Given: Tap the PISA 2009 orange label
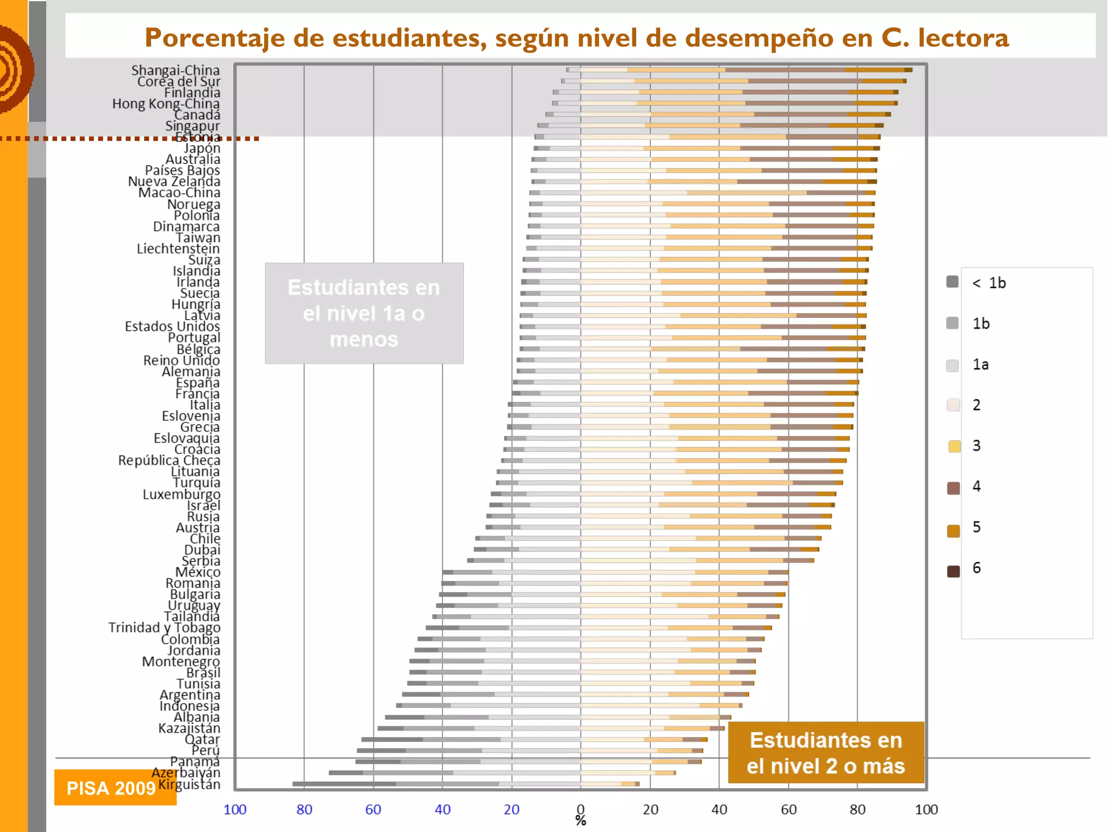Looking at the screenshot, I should (110, 788).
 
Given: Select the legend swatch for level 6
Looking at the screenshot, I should (953, 571).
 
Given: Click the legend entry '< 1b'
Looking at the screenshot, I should (989, 283).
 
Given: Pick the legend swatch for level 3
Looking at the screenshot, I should (954, 446).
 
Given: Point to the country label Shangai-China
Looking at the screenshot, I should (175, 70).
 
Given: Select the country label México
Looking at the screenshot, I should (198, 572).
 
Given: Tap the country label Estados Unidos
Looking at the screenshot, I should (172, 326).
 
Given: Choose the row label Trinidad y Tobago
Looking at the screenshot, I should (164, 627).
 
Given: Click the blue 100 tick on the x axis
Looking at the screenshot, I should (234, 809).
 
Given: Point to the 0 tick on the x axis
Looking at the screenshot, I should (580, 809).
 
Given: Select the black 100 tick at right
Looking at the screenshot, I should (926, 809).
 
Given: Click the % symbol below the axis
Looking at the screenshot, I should (580, 821).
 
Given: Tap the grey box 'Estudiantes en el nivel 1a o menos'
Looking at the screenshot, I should (364, 313).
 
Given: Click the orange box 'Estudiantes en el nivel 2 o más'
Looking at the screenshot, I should (825, 752).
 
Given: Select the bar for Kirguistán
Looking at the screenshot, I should (466, 784).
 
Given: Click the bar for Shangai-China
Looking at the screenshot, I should (739, 70).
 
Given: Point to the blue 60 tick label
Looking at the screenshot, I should (373, 809).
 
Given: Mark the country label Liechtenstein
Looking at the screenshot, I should (178, 249).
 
